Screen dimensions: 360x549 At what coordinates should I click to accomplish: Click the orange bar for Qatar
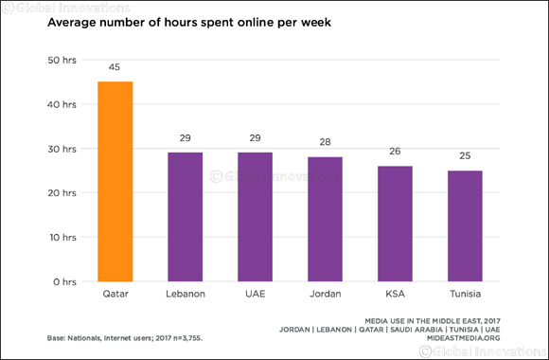[115, 181]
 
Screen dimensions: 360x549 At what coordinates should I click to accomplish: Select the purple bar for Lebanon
[186, 217]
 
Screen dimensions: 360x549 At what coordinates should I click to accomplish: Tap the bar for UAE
[255, 217]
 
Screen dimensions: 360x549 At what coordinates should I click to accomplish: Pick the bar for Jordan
[325, 219]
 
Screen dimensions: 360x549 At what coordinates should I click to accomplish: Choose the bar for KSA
[395, 224]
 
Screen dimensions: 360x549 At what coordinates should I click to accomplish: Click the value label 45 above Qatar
[115, 67]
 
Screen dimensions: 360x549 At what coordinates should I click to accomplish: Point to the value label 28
[325, 143]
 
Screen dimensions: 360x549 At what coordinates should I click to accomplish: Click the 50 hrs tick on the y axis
[62, 60]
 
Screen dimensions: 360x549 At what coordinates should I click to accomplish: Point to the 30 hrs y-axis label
[62, 149]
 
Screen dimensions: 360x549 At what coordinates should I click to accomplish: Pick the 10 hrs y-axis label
[62, 237]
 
